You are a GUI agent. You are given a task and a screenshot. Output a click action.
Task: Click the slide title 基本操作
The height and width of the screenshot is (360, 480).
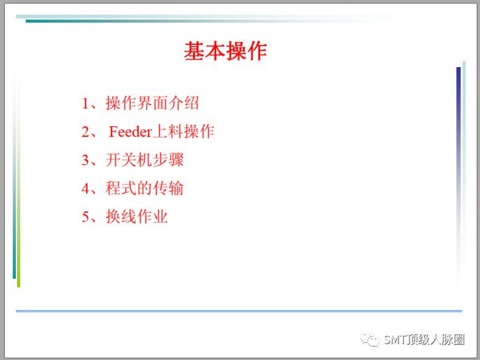[225, 51]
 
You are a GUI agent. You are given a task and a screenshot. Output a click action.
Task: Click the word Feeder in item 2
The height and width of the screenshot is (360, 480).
[130, 132]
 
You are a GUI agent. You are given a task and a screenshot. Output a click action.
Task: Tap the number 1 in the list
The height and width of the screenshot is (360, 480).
[85, 103]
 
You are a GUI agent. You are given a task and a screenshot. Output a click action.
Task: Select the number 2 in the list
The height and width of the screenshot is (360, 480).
[85, 132]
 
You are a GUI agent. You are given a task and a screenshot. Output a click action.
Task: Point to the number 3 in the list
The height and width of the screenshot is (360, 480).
[85, 160]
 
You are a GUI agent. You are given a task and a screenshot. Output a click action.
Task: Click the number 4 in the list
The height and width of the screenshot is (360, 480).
[85, 188]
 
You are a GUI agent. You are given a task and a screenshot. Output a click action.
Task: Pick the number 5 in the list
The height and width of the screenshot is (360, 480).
[85, 217]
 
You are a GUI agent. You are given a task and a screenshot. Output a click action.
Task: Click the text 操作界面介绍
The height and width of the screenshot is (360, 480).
[152, 103]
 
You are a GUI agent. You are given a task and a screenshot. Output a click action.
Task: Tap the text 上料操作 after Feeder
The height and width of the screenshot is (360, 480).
[183, 132]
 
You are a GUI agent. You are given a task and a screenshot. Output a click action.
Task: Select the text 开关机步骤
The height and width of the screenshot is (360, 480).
[145, 160]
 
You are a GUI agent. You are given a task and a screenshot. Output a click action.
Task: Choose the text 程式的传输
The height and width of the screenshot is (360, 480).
[145, 188]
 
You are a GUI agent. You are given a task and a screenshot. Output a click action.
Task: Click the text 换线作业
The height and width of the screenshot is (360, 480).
[137, 217]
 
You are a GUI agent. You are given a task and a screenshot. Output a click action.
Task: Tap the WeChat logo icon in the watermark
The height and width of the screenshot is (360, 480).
[370, 340]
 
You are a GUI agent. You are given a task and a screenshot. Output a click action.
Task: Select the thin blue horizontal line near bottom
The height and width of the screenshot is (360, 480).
[239, 311]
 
